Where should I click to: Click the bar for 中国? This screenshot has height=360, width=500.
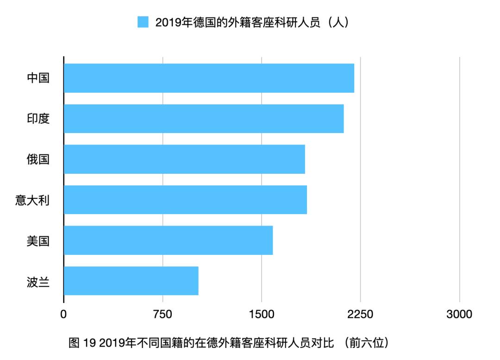209,78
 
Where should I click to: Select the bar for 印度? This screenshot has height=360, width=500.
204,119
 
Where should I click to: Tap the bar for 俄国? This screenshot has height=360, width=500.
184,159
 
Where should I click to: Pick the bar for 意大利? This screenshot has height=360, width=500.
185,200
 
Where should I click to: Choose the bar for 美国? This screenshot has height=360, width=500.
168,240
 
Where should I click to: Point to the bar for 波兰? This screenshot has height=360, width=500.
131,281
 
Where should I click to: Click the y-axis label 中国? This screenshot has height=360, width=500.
38,78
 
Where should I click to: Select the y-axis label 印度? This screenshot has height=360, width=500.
38,119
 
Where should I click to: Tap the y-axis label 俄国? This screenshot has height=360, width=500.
38,159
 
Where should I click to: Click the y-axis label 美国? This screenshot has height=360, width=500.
38,240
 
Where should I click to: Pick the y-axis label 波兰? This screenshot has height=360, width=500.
38,281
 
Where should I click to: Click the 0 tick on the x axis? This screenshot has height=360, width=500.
63,314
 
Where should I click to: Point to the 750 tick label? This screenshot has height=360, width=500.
162,314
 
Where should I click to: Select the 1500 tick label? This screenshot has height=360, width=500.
262,314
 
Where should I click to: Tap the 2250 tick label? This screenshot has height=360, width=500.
360,314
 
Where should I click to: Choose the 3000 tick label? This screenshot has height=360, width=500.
459,314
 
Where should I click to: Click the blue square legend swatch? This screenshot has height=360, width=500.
143,22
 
